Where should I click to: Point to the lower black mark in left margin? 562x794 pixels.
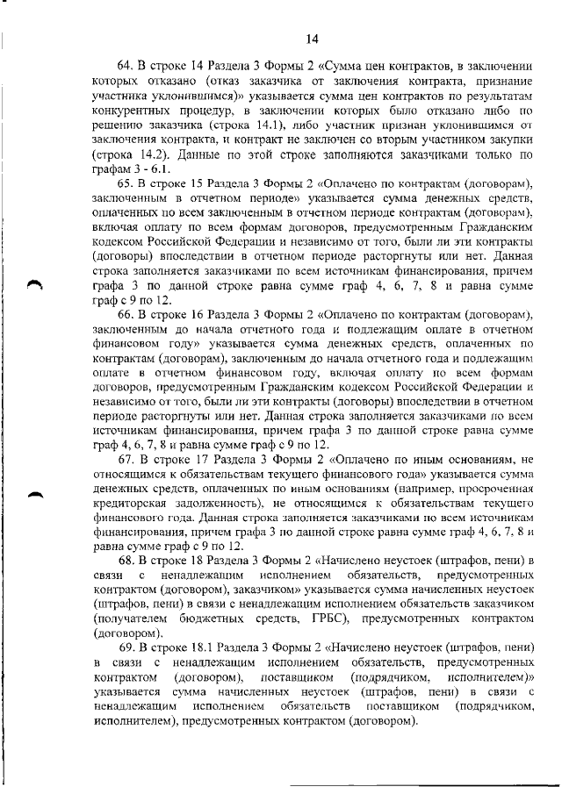34,497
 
